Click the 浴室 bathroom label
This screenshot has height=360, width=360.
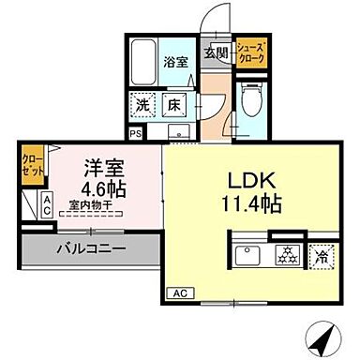[177, 64]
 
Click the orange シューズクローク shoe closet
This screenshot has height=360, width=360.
[250, 53]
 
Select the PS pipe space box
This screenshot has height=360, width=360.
[137, 134]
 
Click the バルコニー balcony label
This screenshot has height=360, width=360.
[90, 249]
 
